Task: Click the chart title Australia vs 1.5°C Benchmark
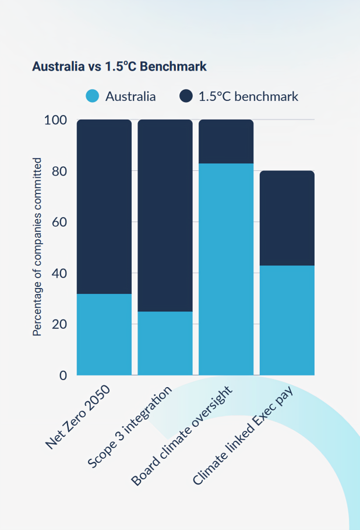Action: (119, 66)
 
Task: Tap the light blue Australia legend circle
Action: (93, 96)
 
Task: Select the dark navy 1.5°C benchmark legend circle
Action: (186, 96)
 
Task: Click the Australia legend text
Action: (130, 97)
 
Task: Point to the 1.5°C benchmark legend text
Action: (248, 97)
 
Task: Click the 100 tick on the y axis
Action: (55, 121)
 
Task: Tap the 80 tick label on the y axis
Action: (59, 171)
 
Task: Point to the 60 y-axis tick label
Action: (59, 222)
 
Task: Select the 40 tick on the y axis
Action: (59, 273)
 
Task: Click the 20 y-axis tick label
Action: (59, 324)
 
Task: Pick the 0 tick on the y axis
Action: (63, 375)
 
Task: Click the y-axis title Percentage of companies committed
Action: (37, 247)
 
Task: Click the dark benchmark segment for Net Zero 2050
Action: (104, 206)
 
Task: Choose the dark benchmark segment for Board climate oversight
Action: (226, 141)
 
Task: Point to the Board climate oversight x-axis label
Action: (182, 435)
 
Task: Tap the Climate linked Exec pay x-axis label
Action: (243, 435)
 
